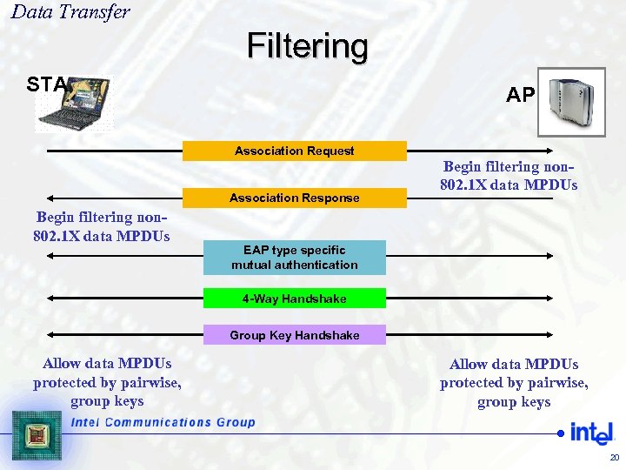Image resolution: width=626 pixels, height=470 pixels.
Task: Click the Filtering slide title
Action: (x=307, y=45)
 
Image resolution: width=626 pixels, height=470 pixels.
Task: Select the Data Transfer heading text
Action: (x=70, y=12)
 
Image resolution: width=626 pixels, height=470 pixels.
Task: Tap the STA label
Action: (x=45, y=84)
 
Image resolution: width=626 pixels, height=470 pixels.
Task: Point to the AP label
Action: (x=520, y=95)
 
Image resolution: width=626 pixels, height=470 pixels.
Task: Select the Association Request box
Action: (x=294, y=151)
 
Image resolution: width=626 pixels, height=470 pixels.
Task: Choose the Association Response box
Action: (x=294, y=198)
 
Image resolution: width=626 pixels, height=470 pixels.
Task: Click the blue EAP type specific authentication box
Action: (x=294, y=258)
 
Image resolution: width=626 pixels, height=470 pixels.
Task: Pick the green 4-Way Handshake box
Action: (x=294, y=299)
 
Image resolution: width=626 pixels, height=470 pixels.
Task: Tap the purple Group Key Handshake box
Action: (x=294, y=335)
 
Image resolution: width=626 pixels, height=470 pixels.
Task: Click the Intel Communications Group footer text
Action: (x=163, y=422)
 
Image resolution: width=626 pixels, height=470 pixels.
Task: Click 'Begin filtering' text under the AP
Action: (x=510, y=176)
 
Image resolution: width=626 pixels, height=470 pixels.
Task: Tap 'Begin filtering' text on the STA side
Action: (x=103, y=226)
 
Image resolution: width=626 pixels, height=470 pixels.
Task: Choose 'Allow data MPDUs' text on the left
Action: (x=107, y=382)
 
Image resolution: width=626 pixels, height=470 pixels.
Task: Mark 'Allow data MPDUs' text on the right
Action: (x=514, y=383)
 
